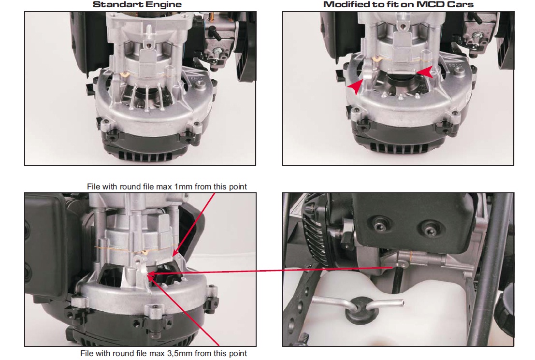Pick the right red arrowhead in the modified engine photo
coord(425,72)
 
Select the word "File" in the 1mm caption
coord(93,187)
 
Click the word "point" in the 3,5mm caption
coord(238,354)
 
